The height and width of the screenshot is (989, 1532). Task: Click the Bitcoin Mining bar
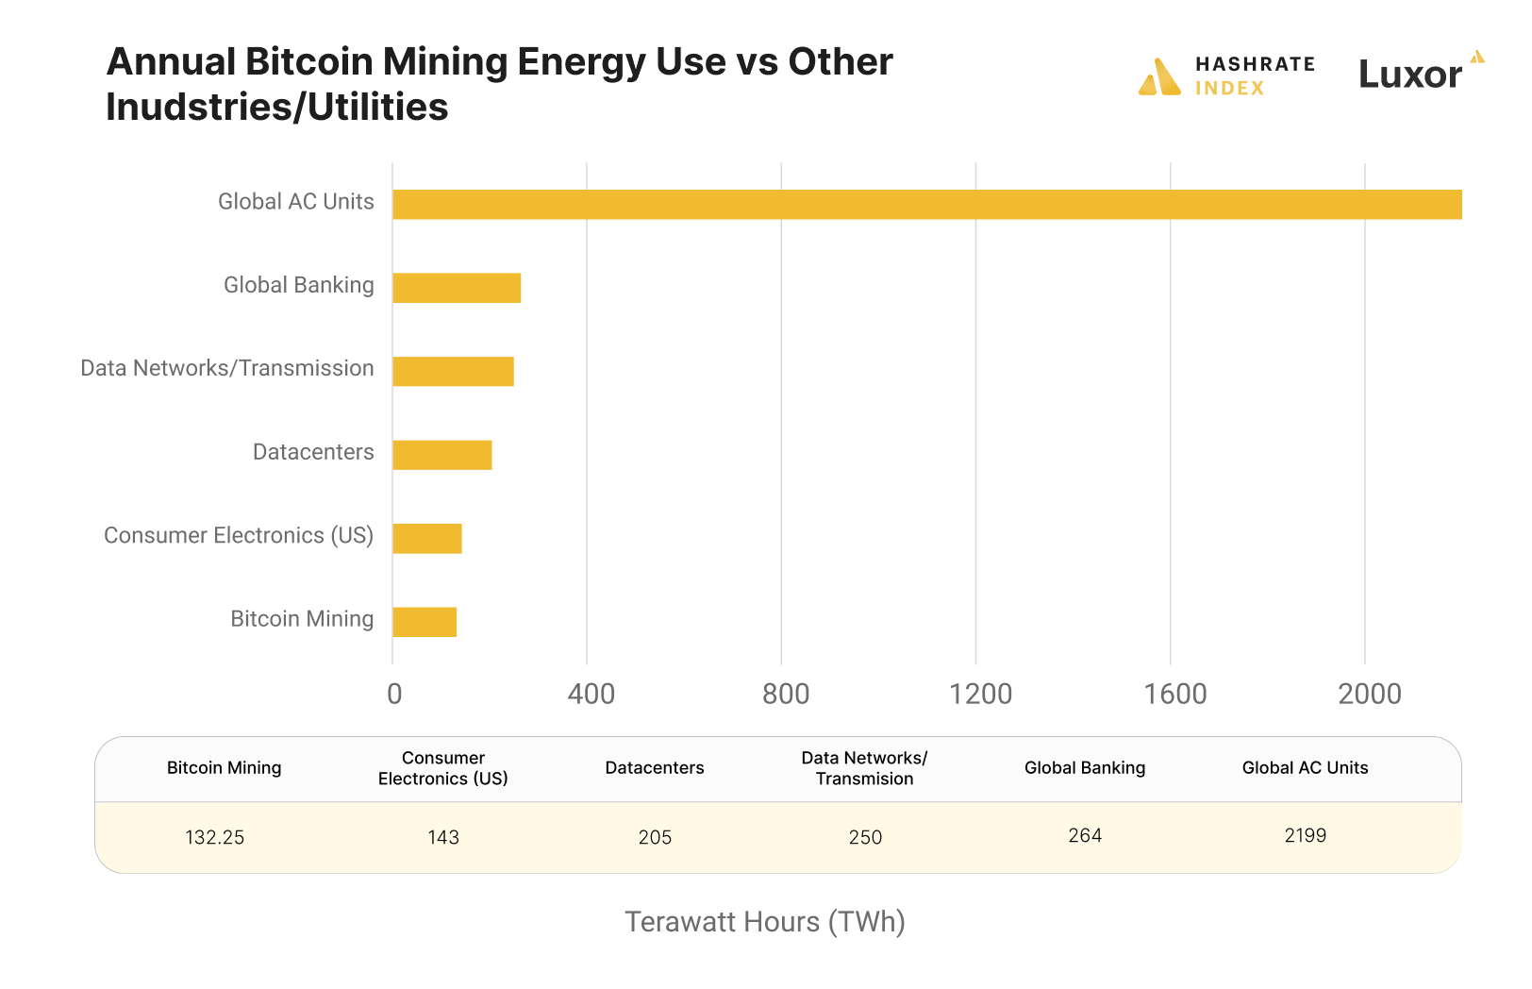(425, 622)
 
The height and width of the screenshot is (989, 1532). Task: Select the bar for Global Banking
(457, 288)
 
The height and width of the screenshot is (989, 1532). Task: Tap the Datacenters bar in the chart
(441, 455)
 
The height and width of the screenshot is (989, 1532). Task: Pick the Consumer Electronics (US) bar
(426, 538)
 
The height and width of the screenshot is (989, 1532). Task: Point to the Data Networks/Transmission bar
(453, 371)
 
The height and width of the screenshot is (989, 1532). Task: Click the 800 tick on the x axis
(785, 695)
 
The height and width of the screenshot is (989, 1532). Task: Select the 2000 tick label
(1369, 695)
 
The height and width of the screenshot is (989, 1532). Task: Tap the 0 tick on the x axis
(394, 695)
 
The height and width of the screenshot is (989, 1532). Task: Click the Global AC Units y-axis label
(295, 202)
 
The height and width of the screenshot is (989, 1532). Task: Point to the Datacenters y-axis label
(313, 452)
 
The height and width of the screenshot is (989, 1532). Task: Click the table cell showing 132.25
(215, 838)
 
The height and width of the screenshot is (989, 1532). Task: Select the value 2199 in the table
(1305, 836)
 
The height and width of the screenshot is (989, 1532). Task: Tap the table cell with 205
(655, 838)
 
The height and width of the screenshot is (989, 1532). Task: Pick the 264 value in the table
(1085, 836)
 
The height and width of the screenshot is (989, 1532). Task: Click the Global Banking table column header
(1085, 768)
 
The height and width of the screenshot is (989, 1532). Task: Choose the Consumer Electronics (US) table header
(442, 768)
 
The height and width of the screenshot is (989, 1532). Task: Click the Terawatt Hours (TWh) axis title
(765, 922)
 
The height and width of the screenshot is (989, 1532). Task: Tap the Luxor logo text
(1409, 75)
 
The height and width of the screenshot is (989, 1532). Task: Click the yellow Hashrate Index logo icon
(1159, 77)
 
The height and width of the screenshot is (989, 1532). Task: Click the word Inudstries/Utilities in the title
(276, 108)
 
